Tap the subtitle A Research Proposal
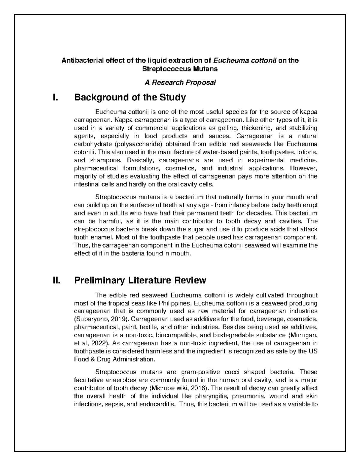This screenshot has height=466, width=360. [x=180, y=82]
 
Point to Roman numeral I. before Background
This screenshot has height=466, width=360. [x=55, y=98]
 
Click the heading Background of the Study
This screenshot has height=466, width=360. [x=130, y=98]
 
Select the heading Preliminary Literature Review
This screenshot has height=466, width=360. [x=140, y=280]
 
